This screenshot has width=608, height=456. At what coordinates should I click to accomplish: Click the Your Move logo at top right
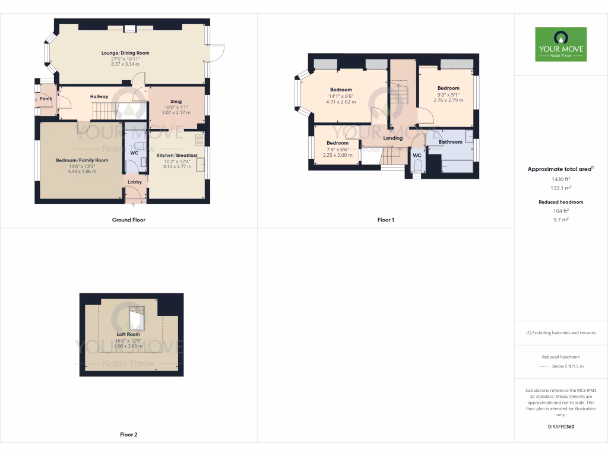560,44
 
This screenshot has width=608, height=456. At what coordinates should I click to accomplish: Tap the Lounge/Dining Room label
125,53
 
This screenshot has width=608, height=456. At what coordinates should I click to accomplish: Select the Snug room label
176,101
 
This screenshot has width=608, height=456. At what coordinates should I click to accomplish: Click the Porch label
46,99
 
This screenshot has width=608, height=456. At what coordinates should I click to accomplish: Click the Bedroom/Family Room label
82,160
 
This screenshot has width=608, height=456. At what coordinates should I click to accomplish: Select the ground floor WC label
134,153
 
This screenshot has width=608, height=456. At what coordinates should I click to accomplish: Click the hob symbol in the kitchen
199,140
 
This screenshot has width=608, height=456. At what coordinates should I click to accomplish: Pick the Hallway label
99,96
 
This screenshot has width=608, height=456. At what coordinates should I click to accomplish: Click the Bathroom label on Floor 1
450,142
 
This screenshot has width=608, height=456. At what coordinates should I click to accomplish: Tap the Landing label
392,138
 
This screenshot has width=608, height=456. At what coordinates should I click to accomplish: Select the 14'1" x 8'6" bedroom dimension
341,96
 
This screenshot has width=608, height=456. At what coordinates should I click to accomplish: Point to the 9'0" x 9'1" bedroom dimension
448,94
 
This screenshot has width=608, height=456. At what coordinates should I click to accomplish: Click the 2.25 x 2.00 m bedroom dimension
337,156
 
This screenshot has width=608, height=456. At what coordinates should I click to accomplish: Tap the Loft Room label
128,334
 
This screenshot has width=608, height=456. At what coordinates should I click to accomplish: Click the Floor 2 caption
128,435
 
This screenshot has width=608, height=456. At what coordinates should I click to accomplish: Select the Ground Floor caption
128,220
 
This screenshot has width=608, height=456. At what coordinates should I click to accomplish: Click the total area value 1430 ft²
560,179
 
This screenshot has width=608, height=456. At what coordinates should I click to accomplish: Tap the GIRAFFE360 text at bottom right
560,426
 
